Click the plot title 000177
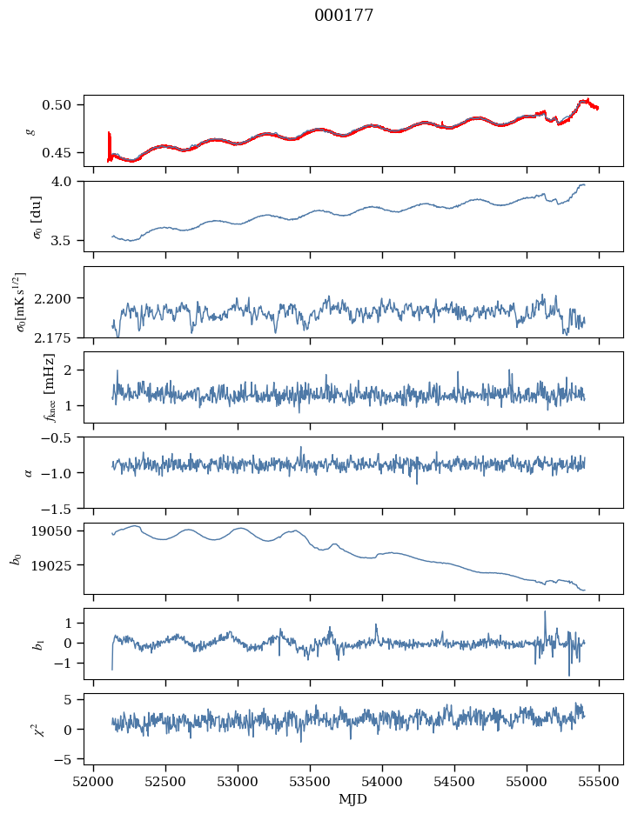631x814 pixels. coord(344,16)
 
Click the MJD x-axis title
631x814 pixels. coord(352,799)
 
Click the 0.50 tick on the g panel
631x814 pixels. coord(56,105)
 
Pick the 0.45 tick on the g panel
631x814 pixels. coord(56,153)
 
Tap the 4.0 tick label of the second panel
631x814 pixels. coord(60,182)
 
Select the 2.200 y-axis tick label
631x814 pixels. coord(52,298)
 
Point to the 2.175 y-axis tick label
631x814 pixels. coord(52,338)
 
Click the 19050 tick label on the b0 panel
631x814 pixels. coord(50,531)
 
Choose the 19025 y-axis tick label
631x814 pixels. coord(50,564)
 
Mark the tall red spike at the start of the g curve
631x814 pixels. coord(109,146)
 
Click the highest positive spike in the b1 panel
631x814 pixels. coord(545,611)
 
